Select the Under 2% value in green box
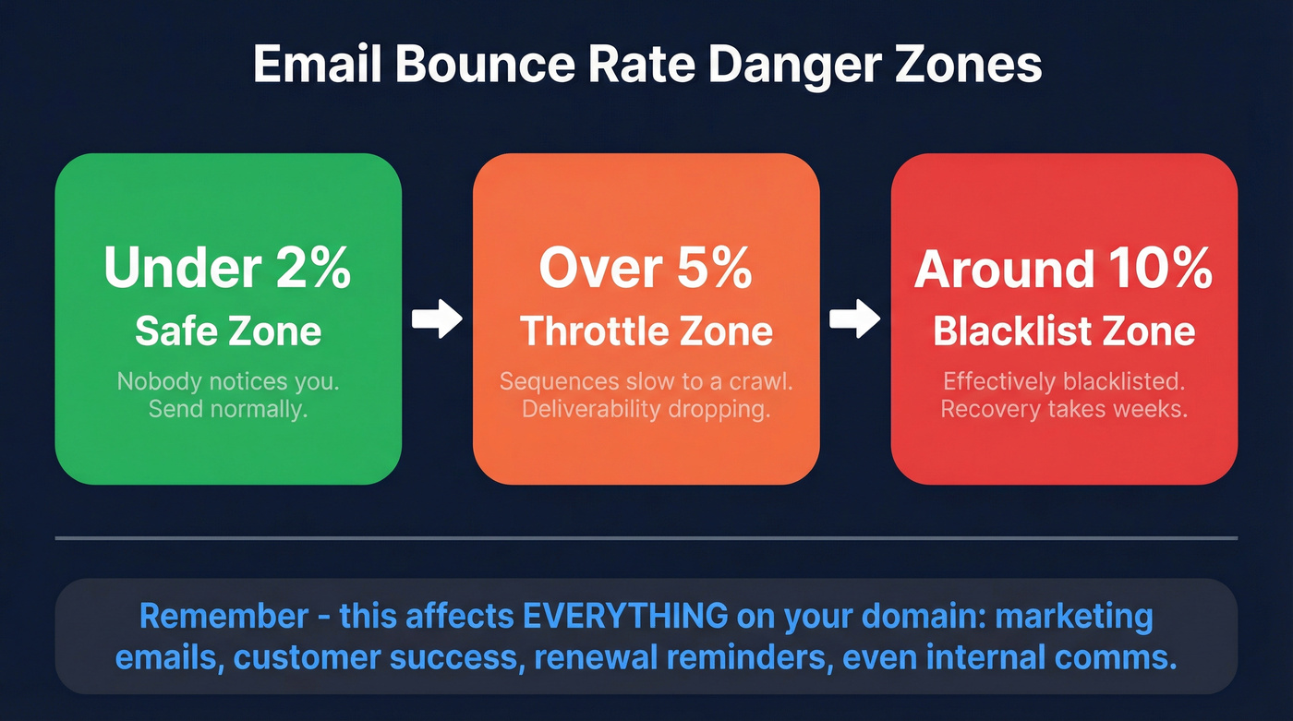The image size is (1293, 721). (227, 268)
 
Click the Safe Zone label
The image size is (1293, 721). (227, 330)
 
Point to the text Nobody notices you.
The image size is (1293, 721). (227, 380)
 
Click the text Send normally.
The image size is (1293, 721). (227, 408)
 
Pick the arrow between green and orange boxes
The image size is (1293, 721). (437, 319)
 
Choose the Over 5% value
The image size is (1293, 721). (646, 268)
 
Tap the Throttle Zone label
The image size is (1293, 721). (646, 330)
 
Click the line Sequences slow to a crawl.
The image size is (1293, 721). (646, 380)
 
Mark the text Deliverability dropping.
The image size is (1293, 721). (646, 408)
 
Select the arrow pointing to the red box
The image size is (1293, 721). (854, 319)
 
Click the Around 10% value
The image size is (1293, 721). (1063, 268)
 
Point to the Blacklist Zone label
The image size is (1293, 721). (1063, 330)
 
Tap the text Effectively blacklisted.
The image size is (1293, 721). (1063, 380)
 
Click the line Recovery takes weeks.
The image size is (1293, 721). (1063, 408)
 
